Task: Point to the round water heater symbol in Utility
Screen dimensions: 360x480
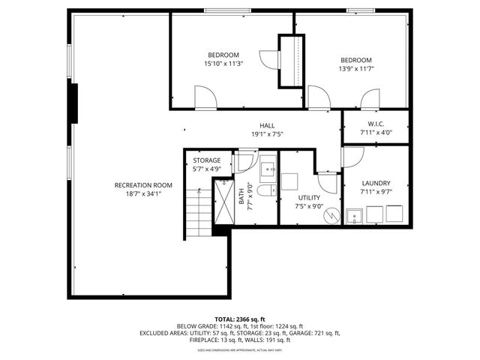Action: [x=331, y=214]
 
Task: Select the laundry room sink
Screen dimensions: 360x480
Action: [x=355, y=217]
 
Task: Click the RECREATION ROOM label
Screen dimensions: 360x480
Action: [x=143, y=184]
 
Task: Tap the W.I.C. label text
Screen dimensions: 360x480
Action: [x=376, y=124]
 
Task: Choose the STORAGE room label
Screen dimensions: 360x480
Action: [x=206, y=160]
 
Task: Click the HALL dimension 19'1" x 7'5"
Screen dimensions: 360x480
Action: [x=267, y=134]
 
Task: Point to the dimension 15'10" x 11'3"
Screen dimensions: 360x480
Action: [x=223, y=64]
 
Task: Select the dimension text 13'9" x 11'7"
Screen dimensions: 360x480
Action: [x=355, y=69]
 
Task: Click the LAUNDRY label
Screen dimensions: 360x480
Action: [x=376, y=183]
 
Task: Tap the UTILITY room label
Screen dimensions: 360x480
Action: [x=307, y=196]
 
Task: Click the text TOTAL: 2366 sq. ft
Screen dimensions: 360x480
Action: [x=239, y=318]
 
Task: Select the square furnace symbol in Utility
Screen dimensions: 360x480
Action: [x=289, y=182]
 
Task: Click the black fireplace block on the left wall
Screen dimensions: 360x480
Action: [x=73, y=102]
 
